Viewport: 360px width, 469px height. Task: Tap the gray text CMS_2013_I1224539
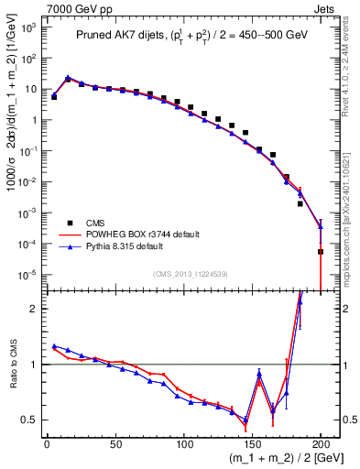coord(190,272)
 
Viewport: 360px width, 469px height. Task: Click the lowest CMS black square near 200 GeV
coord(321,252)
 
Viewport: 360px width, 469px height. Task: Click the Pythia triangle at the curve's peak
coord(68,78)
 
